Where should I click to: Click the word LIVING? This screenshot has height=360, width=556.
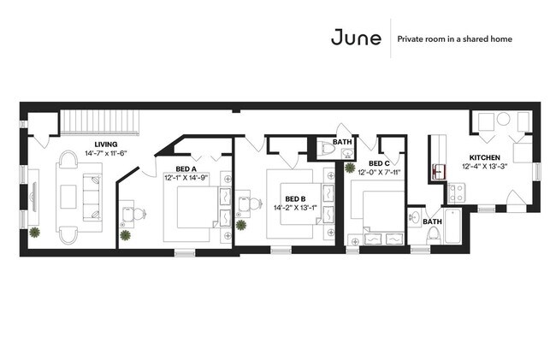click(x=106, y=144)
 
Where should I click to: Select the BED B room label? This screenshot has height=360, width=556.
click(x=296, y=198)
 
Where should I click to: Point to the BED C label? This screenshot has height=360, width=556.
click(x=379, y=163)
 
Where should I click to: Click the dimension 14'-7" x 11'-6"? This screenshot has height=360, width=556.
click(x=106, y=153)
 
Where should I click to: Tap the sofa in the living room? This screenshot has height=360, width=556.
click(x=91, y=196)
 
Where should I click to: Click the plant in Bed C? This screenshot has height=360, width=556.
click(x=350, y=168)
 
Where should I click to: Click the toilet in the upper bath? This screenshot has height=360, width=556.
click(x=326, y=150)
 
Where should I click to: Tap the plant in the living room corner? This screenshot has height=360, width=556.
click(x=34, y=232)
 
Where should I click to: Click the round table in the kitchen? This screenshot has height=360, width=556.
click(x=504, y=120)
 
